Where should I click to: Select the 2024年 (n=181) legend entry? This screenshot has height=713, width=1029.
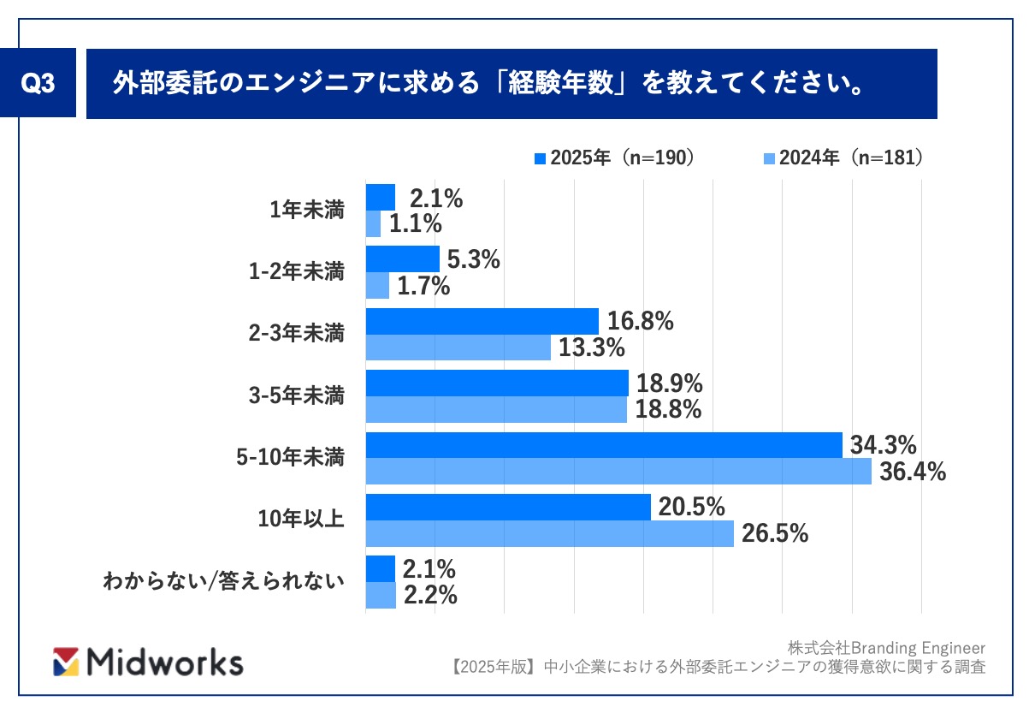tap(843, 157)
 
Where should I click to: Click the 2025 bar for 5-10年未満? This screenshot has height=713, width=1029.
tap(604, 445)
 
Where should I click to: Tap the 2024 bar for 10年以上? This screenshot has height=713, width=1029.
tap(549, 534)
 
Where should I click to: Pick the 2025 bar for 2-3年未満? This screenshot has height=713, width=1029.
tap(482, 321)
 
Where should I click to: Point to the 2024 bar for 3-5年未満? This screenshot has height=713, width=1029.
tap(496, 410)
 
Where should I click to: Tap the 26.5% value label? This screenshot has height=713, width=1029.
tap(774, 534)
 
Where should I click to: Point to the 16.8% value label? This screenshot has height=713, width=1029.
tap(641, 321)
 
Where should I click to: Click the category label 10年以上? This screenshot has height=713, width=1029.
tap(301, 519)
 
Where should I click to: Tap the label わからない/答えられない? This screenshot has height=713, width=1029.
tap(223, 582)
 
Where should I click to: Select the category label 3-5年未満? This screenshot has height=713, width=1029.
tap(295, 395)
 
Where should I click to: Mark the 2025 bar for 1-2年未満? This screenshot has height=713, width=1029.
tap(402, 259)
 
